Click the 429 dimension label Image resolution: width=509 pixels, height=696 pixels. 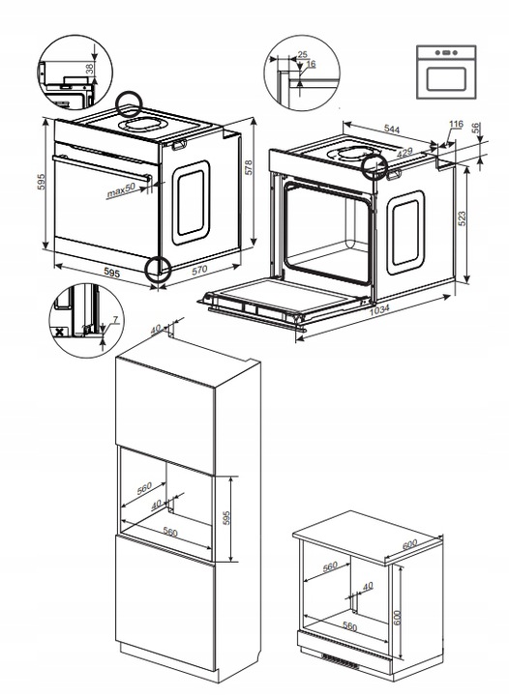405,152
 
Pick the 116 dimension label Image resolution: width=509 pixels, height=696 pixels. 457,126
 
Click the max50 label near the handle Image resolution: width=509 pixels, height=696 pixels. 123,193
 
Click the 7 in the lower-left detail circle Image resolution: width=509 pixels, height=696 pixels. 114,319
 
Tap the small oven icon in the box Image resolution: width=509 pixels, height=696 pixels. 447,70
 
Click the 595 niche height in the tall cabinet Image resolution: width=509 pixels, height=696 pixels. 227,517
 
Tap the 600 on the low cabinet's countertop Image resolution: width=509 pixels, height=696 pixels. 409,546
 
